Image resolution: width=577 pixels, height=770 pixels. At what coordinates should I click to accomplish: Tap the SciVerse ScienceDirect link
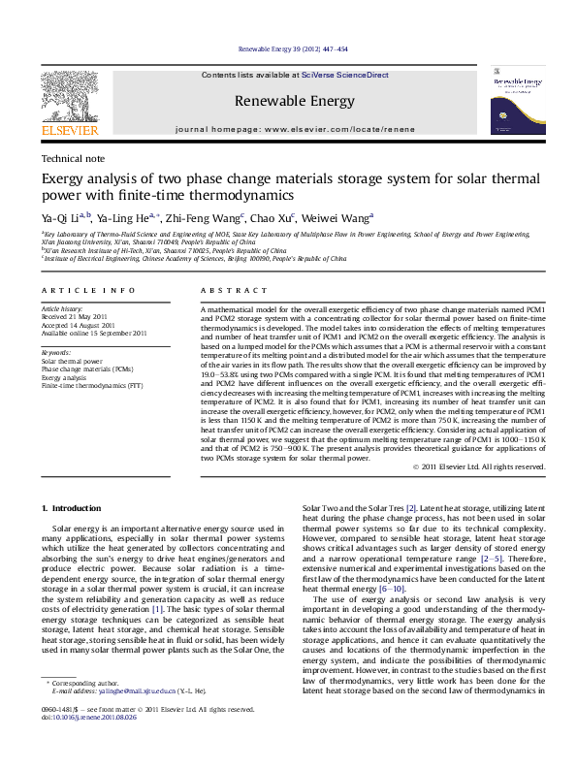coord(344,75)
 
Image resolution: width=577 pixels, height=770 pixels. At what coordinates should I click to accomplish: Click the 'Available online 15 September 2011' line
coord(93,333)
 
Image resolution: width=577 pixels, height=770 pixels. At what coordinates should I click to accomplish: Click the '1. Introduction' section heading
coord(74,509)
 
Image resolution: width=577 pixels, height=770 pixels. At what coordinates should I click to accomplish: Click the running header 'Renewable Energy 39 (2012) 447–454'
coord(292,48)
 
